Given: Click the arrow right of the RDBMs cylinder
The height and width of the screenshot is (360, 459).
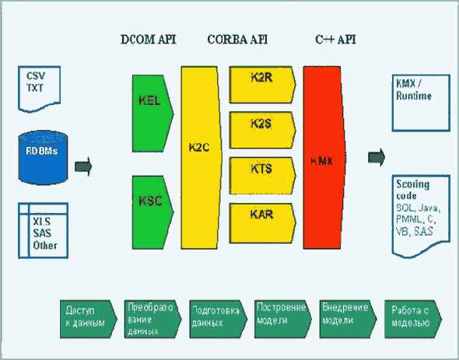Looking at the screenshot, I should [84, 166].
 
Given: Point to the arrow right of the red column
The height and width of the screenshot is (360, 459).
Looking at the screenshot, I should [377, 158].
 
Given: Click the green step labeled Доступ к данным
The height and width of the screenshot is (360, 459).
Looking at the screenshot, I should [86, 316].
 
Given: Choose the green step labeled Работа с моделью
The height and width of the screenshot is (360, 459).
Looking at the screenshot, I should [412, 316].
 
